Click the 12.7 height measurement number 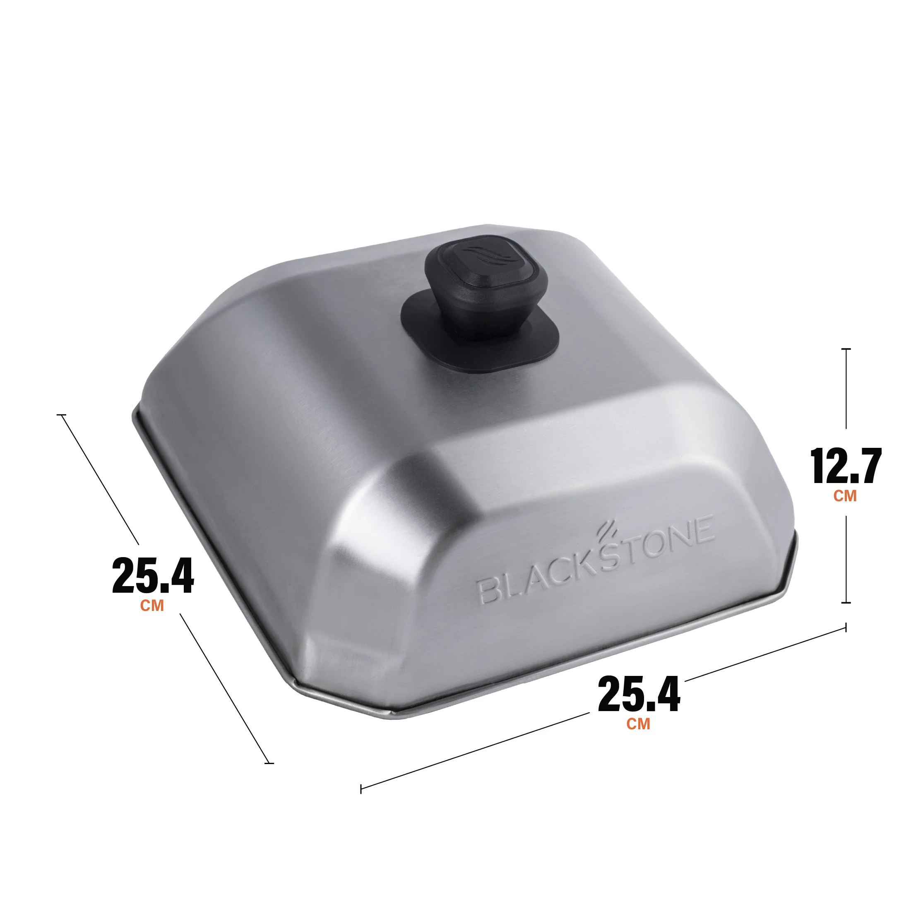[x=846, y=466]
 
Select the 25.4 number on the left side [x=153, y=576]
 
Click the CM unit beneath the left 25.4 [x=152, y=606]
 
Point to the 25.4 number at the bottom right [x=639, y=694]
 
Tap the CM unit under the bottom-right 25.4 [x=639, y=724]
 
